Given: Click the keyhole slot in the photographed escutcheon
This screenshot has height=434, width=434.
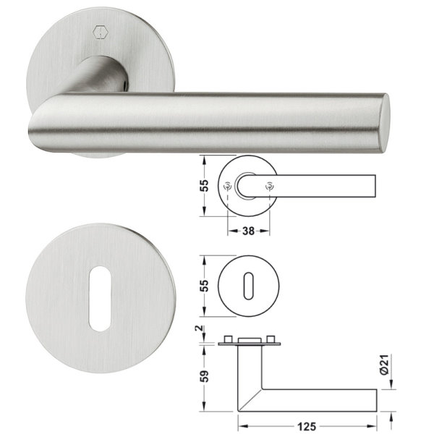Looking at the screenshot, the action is point(100,299).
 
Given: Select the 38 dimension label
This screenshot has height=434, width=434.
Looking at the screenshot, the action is point(248,231).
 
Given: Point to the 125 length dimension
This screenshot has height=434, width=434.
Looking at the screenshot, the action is point(307,427).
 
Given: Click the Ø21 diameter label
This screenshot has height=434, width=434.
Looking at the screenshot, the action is point(385,365).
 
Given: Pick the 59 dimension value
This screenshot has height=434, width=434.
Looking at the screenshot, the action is point(204,376).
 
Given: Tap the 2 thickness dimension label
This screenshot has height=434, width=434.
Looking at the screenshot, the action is point(199,328).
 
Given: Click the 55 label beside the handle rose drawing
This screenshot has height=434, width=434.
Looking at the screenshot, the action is point(204,186).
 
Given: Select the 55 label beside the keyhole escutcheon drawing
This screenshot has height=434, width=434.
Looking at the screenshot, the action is point(204,286).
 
